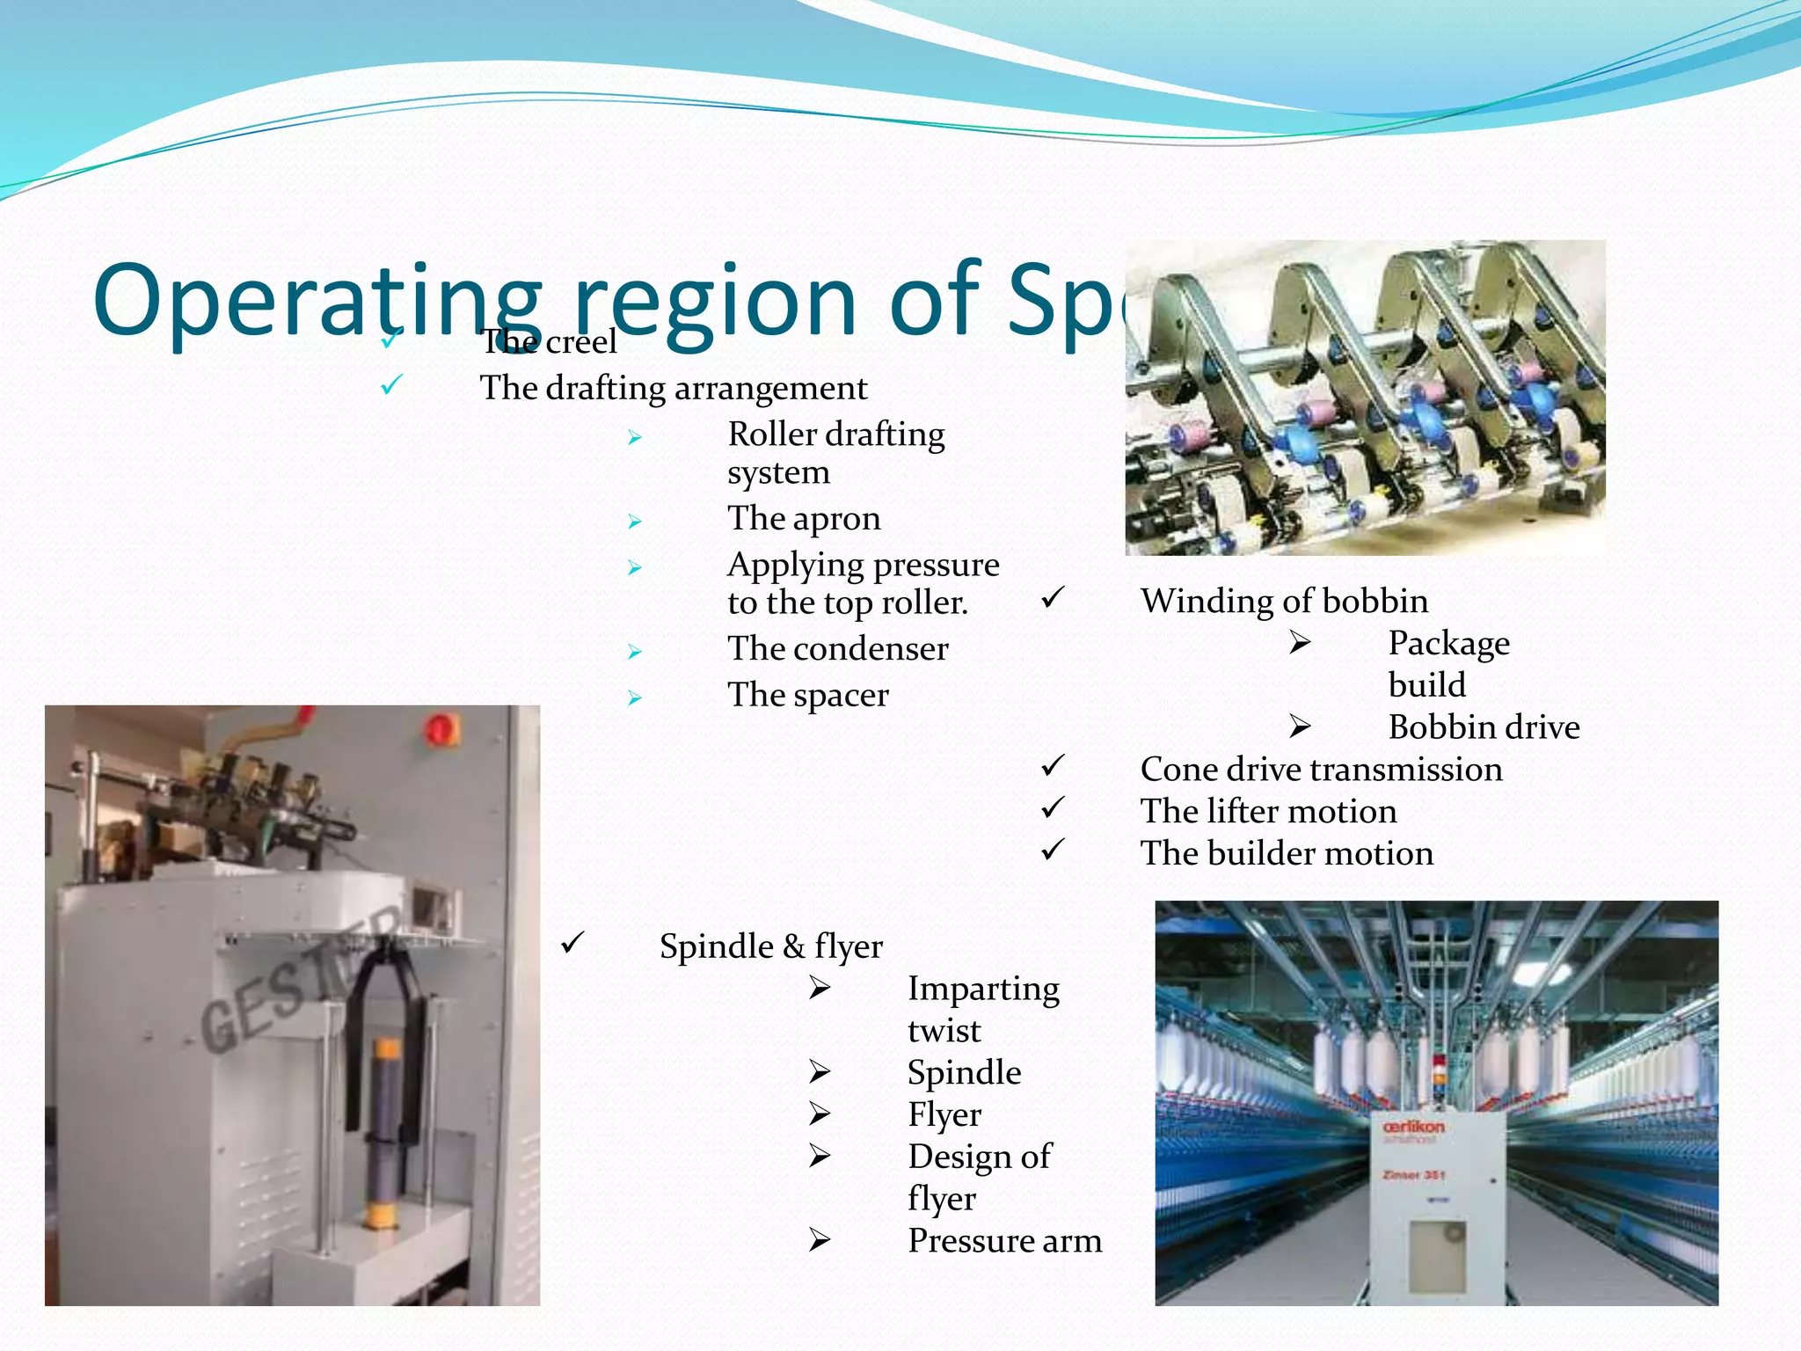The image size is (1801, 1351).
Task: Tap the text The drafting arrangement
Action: (x=673, y=388)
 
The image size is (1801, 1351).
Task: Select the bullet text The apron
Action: (x=804, y=518)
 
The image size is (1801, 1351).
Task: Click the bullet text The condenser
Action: (x=837, y=649)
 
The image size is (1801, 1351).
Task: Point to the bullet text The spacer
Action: (x=807, y=695)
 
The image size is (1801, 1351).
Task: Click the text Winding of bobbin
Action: (x=1284, y=601)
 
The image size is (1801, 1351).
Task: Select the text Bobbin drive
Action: (x=1484, y=727)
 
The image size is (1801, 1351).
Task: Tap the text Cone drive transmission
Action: (x=1321, y=770)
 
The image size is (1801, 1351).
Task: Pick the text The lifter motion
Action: (x=1268, y=811)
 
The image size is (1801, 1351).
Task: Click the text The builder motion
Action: (x=1287, y=853)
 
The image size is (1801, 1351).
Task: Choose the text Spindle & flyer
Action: (x=770, y=946)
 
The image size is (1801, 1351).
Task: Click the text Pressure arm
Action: (x=1004, y=1240)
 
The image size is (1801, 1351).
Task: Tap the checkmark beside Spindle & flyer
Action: (x=572, y=944)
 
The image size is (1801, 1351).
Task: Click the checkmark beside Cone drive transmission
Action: (x=1053, y=765)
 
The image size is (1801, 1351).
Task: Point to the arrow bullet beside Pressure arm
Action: (x=820, y=1240)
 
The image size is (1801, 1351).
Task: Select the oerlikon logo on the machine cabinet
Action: (x=1413, y=1128)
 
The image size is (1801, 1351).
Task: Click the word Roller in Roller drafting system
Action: (x=772, y=435)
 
